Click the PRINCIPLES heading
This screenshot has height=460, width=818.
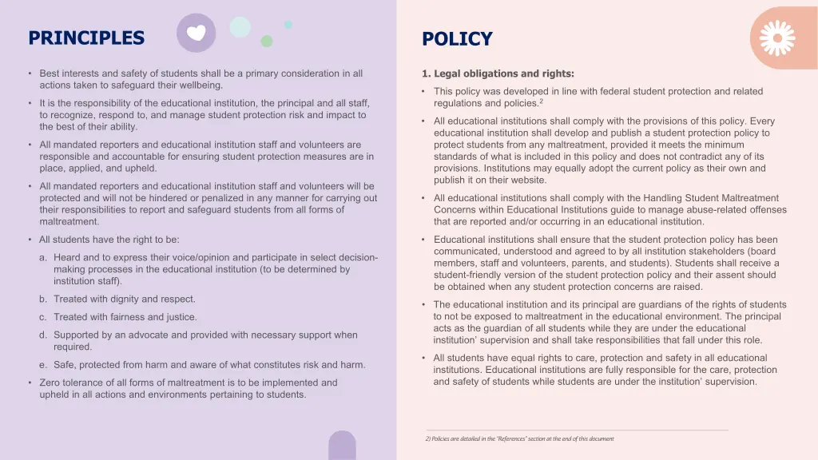click(86, 38)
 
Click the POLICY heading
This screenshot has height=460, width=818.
click(457, 39)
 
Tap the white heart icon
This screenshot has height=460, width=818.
click(196, 33)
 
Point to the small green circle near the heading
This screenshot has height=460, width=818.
click(267, 41)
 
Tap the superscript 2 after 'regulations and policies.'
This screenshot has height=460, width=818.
click(541, 101)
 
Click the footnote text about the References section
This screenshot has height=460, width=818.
click(519, 438)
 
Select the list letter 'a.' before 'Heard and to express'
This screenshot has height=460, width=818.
click(43, 258)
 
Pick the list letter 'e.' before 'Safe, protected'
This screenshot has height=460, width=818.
click(43, 365)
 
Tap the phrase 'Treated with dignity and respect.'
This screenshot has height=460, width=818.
click(125, 299)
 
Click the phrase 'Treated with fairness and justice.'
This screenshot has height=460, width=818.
click(125, 317)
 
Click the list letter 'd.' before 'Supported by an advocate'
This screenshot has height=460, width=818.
click(43, 335)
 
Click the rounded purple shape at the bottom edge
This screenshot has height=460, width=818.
click(342, 446)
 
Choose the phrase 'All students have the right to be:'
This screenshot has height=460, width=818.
click(109, 240)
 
